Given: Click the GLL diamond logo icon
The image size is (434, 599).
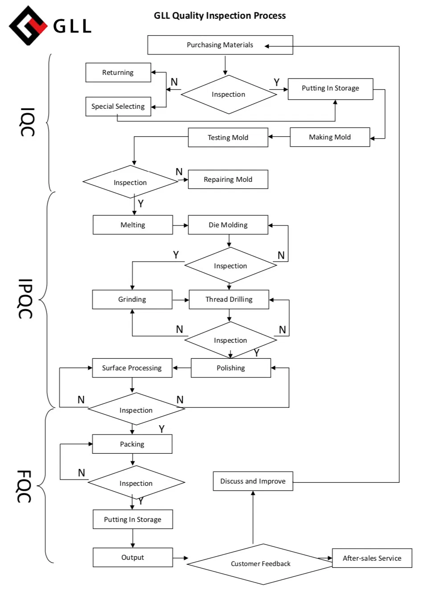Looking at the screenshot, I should click(28, 25).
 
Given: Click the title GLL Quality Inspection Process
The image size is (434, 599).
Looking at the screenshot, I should click(220, 16).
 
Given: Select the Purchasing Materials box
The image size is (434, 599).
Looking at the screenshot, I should click(220, 45).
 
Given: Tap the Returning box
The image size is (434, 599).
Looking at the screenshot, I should click(118, 73).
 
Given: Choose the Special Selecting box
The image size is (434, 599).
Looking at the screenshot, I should click(118, 107).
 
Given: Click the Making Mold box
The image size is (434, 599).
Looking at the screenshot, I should click(330, 137).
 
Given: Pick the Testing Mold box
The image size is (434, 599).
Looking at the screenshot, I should click(228, 138).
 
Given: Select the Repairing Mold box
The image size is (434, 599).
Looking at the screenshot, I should click(228, 180).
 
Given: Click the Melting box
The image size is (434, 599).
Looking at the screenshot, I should click(133, 225).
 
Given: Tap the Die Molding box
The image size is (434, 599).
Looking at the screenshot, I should click(228, 225).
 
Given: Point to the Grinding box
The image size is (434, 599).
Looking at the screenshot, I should click(132, 299).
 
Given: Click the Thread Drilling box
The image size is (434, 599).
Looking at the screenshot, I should click(229, 299).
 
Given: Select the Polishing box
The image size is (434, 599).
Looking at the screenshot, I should click(231, 368).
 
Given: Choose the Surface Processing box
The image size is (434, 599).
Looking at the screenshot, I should click(132, 368).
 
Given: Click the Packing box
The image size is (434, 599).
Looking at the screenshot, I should click(132, 444).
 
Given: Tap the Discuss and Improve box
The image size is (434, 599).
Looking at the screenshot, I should click(253, 481).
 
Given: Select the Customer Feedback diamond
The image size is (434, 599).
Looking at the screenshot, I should click(261, 564).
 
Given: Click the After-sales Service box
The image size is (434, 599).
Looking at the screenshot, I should click(372, 558).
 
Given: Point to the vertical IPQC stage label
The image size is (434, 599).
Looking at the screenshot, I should click(25, 299).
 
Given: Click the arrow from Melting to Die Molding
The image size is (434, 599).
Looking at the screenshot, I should click(180, 226).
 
